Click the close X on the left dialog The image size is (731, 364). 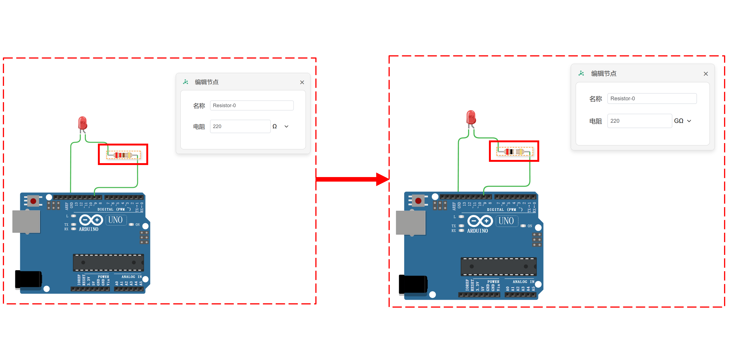(302, 82)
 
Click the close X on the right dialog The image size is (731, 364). (706, 74)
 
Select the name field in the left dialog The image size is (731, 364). (251, 106)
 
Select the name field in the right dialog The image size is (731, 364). (652, 98)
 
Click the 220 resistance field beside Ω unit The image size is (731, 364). (240, 126)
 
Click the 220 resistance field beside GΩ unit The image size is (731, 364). (639, 121)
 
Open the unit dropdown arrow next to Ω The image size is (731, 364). (286, 127)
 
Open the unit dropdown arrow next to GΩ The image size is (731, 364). (689, 121)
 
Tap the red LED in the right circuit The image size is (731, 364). (471, 117)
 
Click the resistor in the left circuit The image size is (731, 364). (123, 155)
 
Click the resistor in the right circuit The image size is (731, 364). (514, 151)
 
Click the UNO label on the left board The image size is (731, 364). (115, 220)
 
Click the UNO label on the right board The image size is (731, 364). (506, 221)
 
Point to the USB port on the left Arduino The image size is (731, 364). (26, 221)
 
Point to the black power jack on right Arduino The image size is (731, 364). (413, 284)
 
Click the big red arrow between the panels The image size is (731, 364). (352, 179)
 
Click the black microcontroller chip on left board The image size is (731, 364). (108, 262)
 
